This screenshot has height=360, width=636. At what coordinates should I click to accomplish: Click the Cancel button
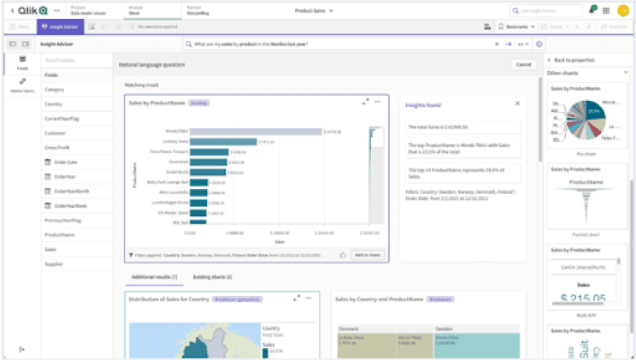(x=521, y=64)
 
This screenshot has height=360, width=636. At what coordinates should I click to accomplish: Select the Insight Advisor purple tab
(x=56, y=27)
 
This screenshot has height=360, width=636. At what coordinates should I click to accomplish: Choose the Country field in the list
(x=55, y=104)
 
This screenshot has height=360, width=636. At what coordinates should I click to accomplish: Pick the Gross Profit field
(x=57, y=147)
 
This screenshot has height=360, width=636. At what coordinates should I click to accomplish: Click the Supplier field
(x=55, y=263)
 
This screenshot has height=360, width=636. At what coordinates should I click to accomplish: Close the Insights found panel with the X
(x=517, y=103)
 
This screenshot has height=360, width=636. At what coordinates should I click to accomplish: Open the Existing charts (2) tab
(x=213, y=277)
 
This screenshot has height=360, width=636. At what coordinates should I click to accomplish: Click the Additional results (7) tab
(x=154, y=277)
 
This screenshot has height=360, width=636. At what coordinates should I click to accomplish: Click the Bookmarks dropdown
(x=515, y=27)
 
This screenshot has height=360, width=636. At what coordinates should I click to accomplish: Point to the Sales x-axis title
(x=279, y=241)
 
